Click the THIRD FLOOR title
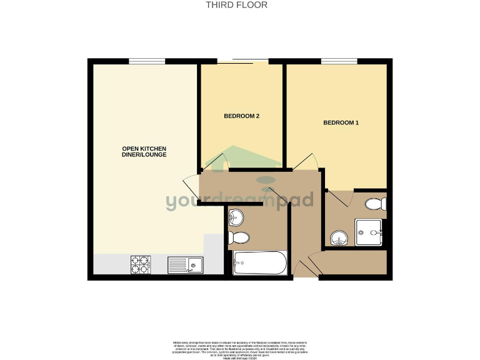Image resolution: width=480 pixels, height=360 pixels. coord(237,5)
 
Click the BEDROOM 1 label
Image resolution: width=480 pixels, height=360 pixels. coord(341,122)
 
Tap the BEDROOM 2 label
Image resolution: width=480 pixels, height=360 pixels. coord(241,116)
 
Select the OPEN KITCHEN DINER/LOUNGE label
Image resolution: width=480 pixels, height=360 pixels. coord(144,151)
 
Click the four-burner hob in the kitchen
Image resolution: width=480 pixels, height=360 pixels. coord(140,265)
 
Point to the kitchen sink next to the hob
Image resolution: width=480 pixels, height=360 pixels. coord(185,266)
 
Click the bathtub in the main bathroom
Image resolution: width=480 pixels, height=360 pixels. coord(259,263)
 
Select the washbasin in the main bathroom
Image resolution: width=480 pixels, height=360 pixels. coord(237,217)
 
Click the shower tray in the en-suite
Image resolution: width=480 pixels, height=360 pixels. coord(369,232)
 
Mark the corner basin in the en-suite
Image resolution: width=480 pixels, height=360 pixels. coord(338,238)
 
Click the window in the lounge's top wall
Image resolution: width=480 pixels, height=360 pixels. coord(147,61)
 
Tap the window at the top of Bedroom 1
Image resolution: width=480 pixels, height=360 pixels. coord(339,61)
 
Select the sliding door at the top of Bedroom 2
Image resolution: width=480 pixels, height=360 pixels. coord(242,60)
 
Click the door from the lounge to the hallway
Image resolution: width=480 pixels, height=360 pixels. coord(191,186)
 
